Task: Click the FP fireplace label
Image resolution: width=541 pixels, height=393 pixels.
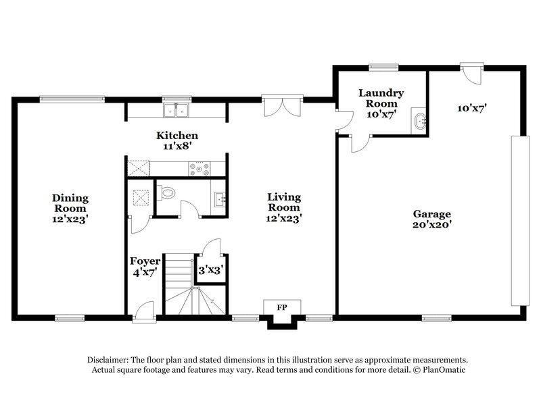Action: [281, 307]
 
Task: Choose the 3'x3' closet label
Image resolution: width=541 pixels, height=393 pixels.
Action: [210, 269]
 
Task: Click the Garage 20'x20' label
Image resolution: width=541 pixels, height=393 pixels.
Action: [432, 219]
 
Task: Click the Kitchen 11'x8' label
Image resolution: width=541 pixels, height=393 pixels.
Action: [177, 140]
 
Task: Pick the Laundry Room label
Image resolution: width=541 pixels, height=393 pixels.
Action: [381, 103]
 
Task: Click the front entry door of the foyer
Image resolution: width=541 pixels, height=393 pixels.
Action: [143, 312]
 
